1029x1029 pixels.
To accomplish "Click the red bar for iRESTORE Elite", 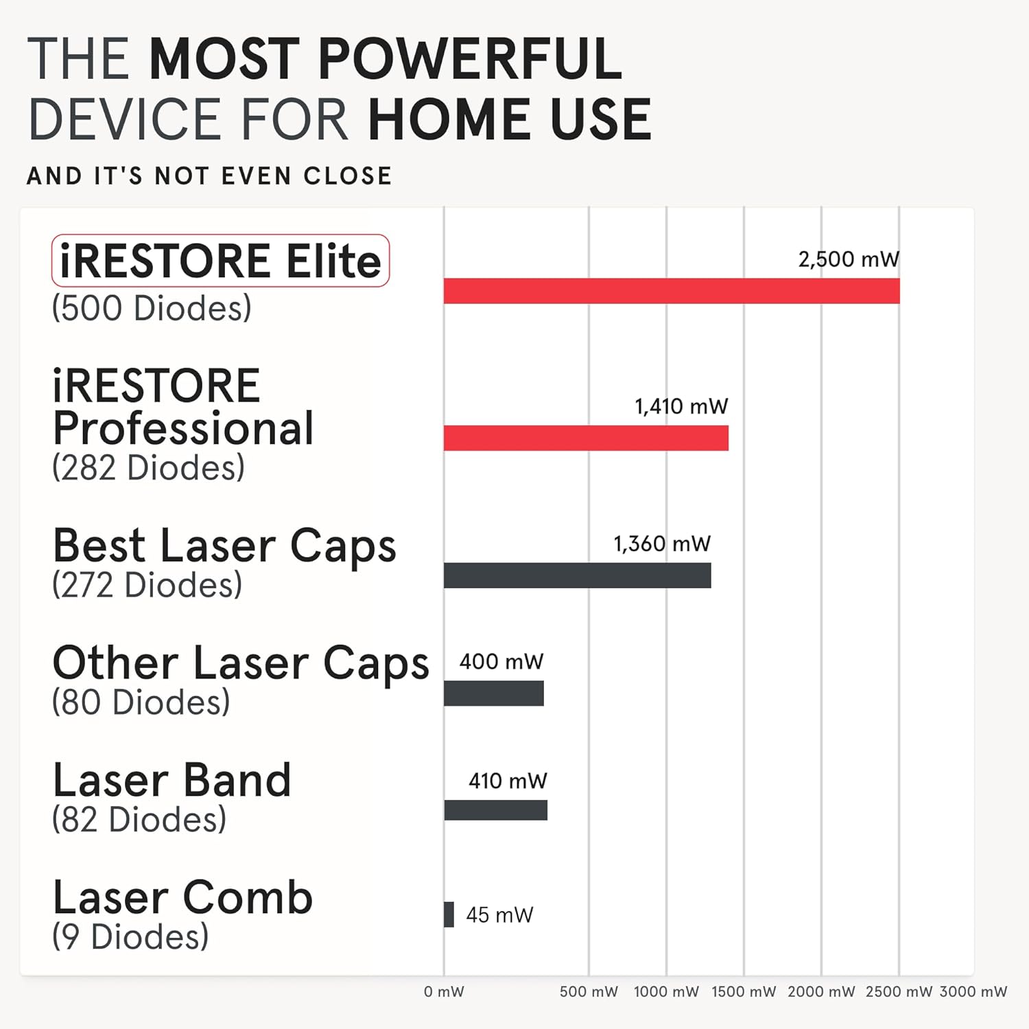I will pyautogui.click(x=671, y=291).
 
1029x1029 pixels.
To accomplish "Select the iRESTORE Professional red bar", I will pyautogui.click(x=586, y=438).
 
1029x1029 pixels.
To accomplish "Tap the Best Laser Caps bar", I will pyautogui.click(x=577, y=575).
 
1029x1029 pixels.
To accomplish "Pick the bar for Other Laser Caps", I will pyautogui.click(x=493, y=693).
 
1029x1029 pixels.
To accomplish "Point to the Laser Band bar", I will pyautogui.click(x=495, y=810).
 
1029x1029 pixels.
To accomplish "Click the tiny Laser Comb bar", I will pyautogui.click(x=449, y=914).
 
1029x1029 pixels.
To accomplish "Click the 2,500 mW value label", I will pyautogui.click(x=848, y=259).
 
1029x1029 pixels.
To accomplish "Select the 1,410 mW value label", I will pyautogui.click(x=681, y=406).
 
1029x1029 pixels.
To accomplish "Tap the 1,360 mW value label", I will pyautogui.click(x=662, y=544).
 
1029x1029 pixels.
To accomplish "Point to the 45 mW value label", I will pyautogui.click(x=499, y=914).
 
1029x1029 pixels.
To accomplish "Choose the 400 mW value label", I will pyautogui.click(x=501, y=661).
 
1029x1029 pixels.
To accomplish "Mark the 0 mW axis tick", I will pyautogui.click(x=444, y=991).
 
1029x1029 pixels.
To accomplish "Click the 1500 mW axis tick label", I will pyautogui.click(x=744, y=991).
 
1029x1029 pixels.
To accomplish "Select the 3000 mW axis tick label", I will pyautogui.click(x=973, y=991).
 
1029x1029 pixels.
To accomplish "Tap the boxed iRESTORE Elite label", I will pyautogui.click(x=220, y=261).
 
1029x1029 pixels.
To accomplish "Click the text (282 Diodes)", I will pyautogui.click(x=148, y=468).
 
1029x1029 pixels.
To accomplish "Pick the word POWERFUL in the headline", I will pyautogui.click(x=470, y=59).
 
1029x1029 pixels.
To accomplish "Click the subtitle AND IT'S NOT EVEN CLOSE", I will pyautogui.click(x=209, y=176).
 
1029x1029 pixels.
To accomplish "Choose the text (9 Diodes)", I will pyautogui.click(x=130, y=937).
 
